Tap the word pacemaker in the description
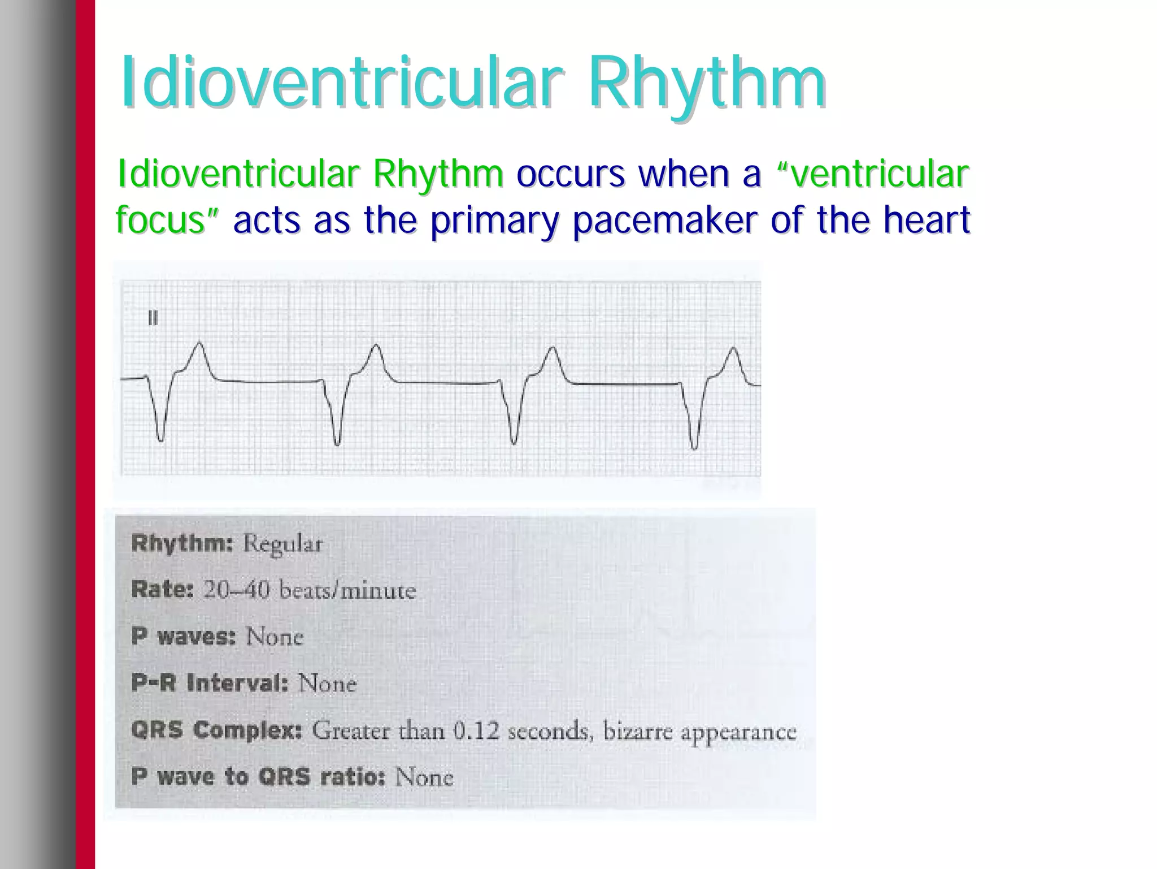(664, 220)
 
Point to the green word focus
(159, 220)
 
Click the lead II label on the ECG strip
(153, 319)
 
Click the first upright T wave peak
(199, 344)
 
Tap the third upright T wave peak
(552, 348)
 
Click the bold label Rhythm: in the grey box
(182, 544)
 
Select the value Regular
(283, 544)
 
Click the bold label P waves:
(183, 637)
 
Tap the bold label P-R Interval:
(210, 684)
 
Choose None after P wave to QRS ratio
(424, 777)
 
